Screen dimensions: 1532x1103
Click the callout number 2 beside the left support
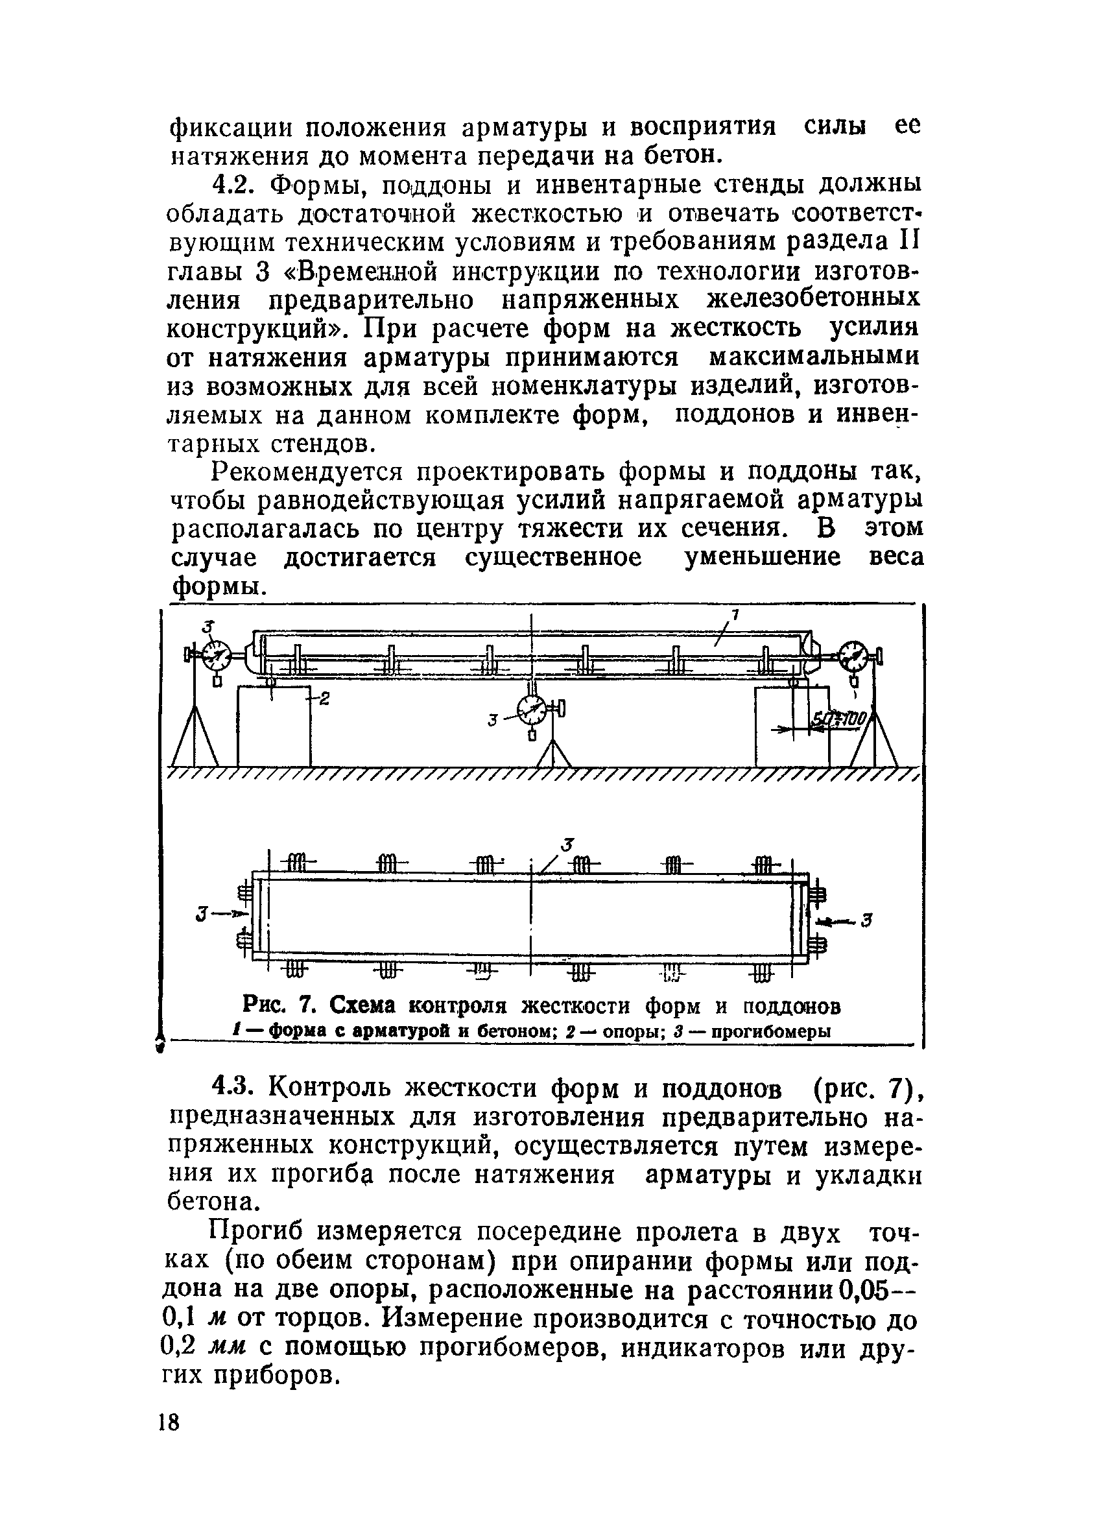tap(324, 700)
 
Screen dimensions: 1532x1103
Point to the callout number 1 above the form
tap(735, 614)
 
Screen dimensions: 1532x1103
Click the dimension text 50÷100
tap(838, 720)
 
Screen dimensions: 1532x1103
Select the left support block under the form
tap(274, 727)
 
